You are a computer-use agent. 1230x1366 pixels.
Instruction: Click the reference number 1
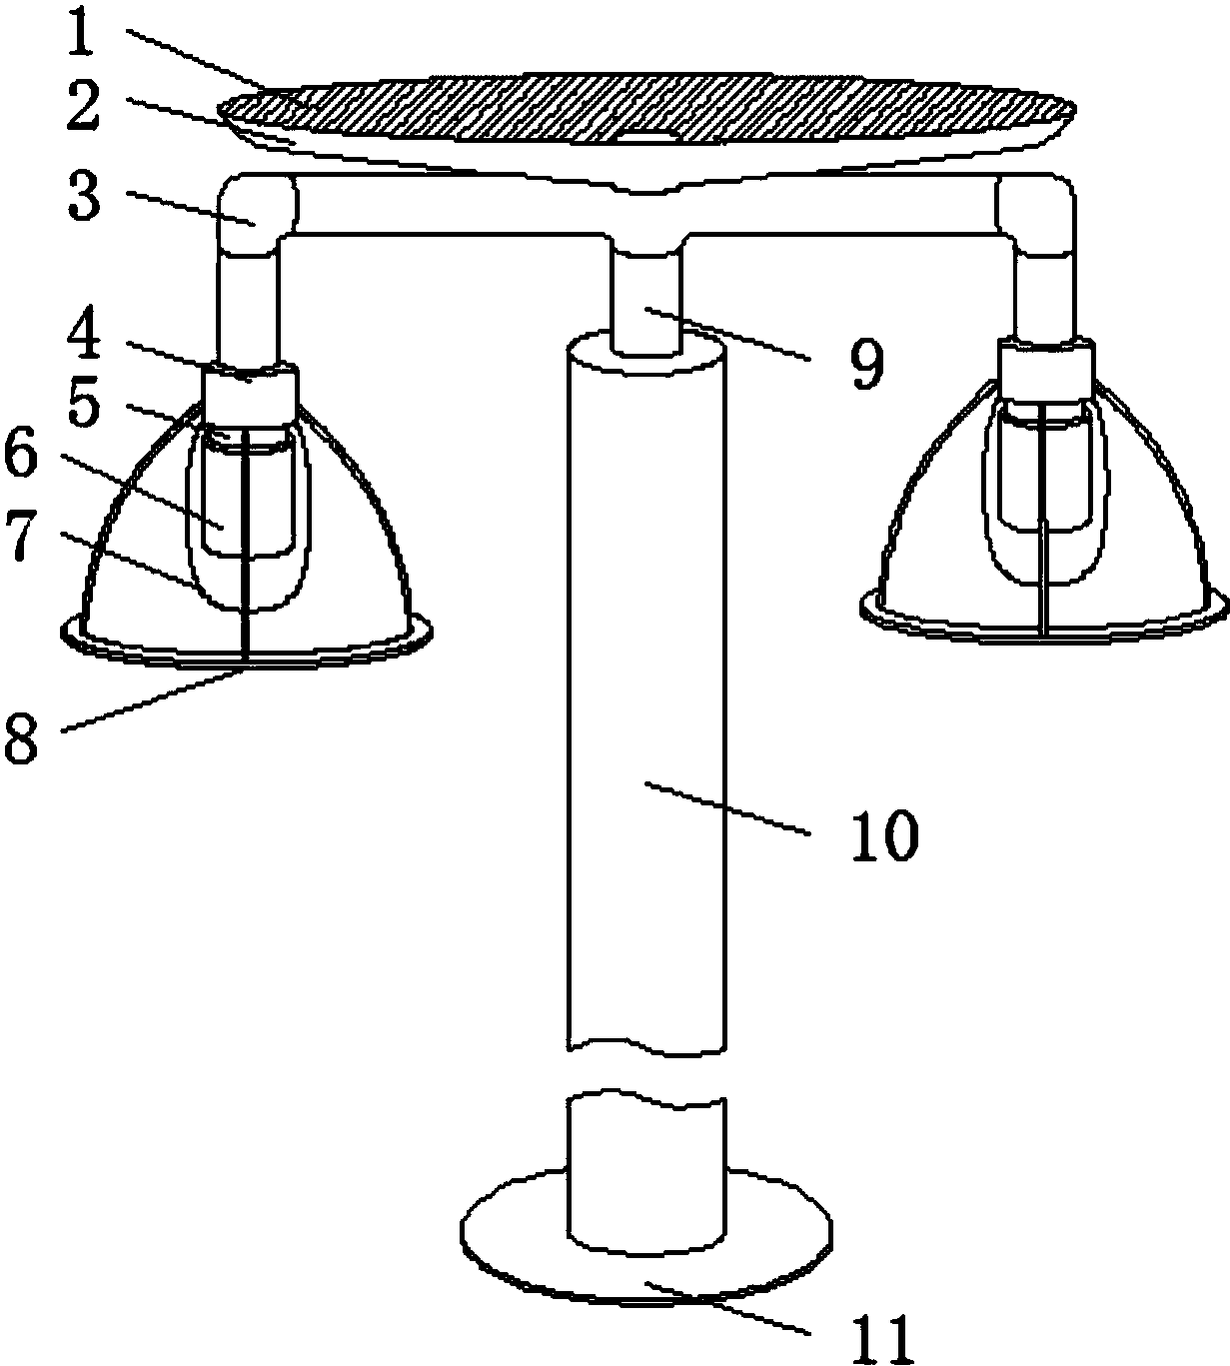[x=81, y=33]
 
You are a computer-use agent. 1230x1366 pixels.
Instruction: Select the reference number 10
[x=884, y=834]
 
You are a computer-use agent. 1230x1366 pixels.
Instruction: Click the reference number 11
[x=881, y=1337]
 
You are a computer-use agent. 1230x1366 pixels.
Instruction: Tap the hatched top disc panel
[x=647, y=109]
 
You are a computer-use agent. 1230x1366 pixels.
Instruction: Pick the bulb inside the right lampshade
[x=1046, y=492]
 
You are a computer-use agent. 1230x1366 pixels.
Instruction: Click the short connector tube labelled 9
[x=646, y=301]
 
